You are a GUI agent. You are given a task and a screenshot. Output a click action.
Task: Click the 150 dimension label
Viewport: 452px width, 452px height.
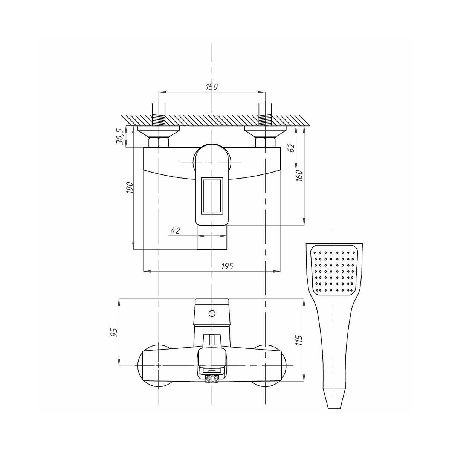pos(212,87)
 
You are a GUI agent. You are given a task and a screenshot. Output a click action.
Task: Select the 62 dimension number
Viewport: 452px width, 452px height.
pos(292,147)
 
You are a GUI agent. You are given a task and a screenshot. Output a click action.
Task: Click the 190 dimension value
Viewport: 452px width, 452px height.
pos(130,188)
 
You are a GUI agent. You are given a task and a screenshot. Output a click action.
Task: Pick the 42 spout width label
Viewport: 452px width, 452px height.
pos(175,231)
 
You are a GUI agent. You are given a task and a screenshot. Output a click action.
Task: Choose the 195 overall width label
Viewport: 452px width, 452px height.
pos(227,266)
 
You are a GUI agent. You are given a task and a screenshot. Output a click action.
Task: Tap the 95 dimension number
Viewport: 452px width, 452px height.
pos(114,332)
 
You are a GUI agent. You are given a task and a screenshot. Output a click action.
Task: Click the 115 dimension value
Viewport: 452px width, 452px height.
pos(299,340)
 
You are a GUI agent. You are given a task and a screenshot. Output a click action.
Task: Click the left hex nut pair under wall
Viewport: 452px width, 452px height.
pos(158,142)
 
